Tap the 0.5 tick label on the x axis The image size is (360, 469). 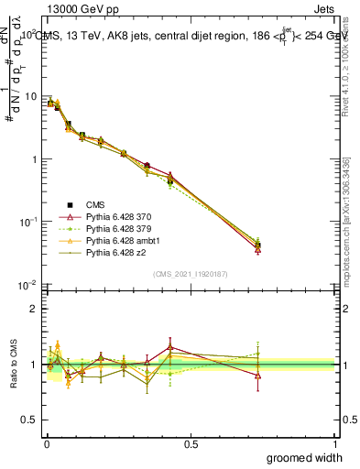tap(191, 444)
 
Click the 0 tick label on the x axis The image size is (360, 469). tap(47, 444)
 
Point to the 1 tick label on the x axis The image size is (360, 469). tap(334, 444)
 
